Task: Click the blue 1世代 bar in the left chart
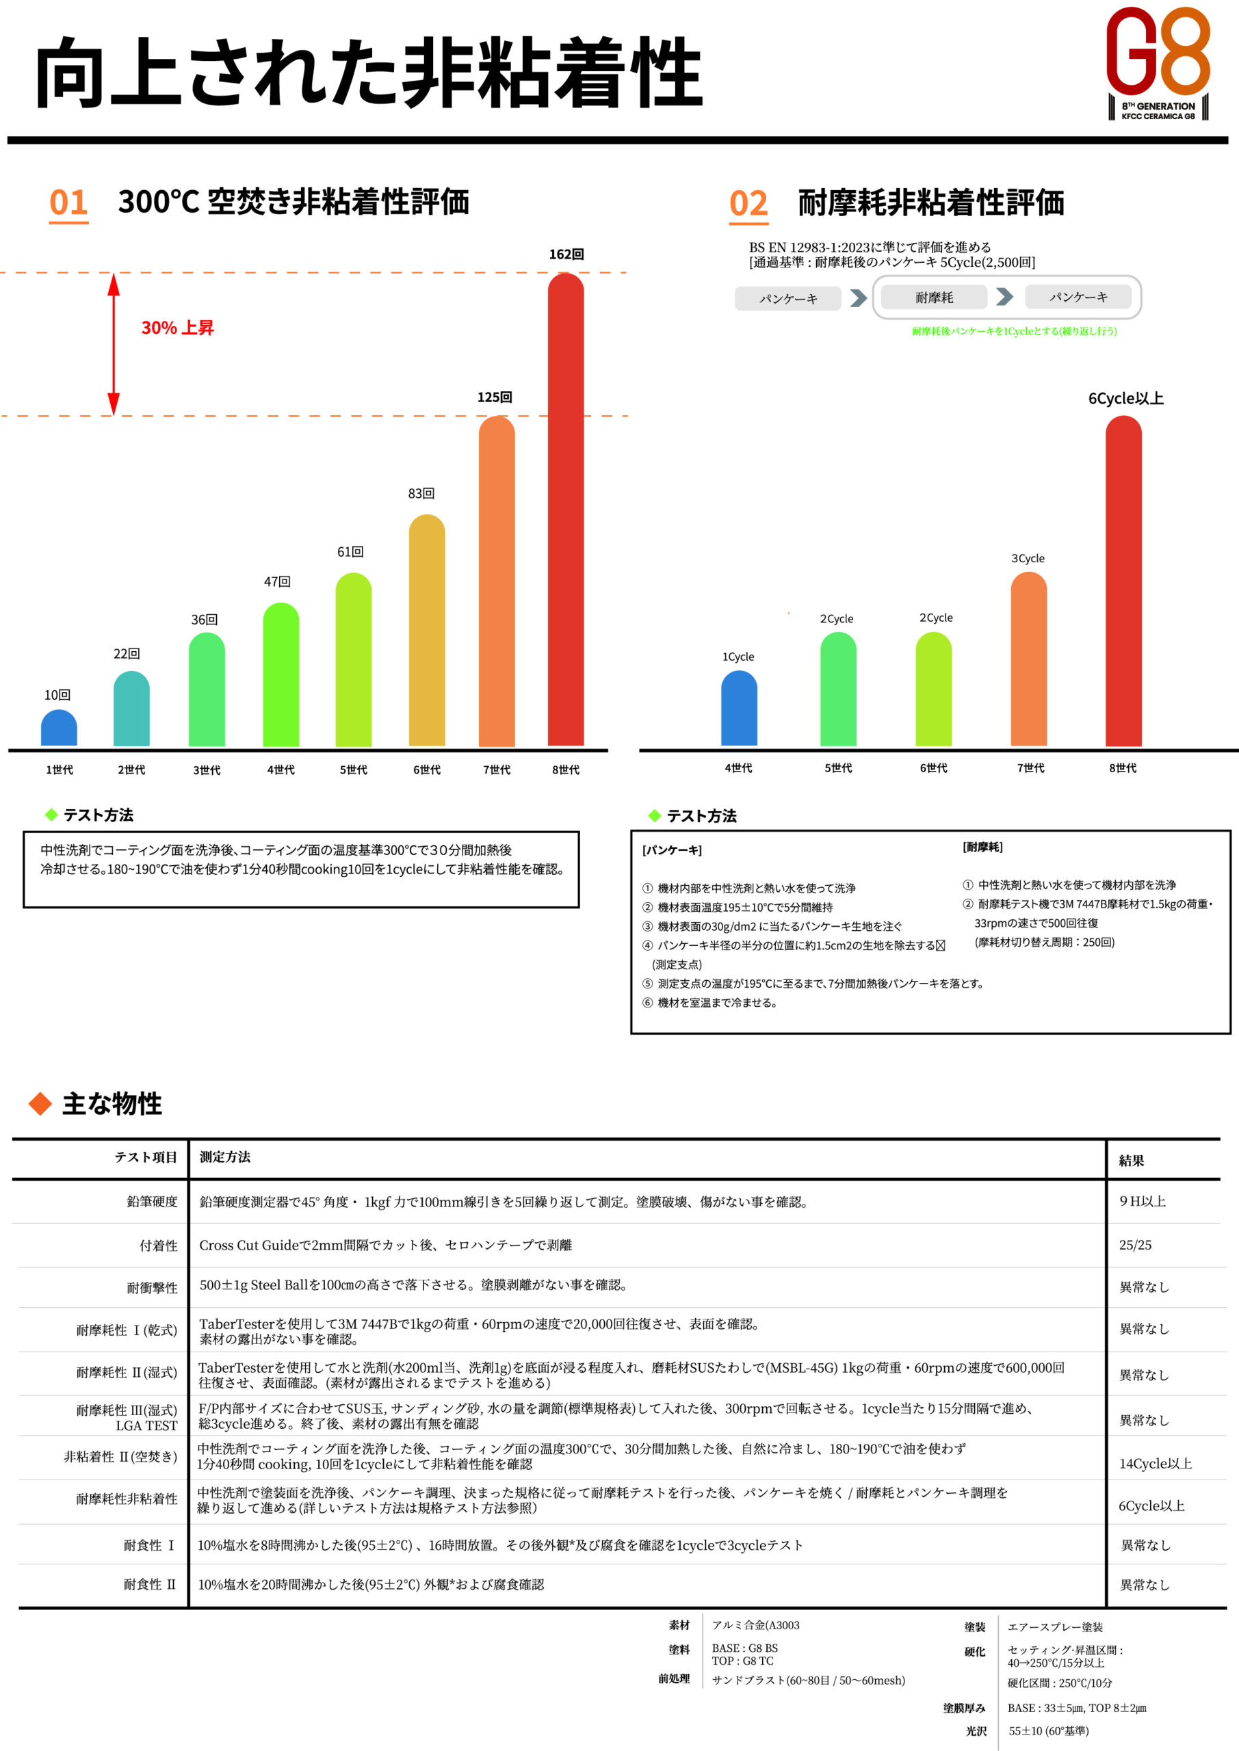[x=59, y=728]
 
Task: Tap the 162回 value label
[x=566, y=254]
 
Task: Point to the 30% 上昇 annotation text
[x=177, y=328]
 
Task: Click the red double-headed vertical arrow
[x=114, y=344]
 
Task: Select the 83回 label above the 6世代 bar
[x=421, y=493]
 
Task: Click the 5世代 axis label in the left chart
[x=353, y=769]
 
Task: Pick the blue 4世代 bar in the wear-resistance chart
[x=738, y=709]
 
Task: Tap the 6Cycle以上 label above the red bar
[x=1125, y=398]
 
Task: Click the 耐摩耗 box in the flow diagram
[x=934, y=298]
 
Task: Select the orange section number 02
[x=748, y=204]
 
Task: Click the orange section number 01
[x=68, y=203]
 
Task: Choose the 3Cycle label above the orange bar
[x=1028, y=558]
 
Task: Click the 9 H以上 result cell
[x=1141, y=1201]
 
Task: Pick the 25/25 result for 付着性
[x=1134, y=1245]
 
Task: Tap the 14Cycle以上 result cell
[x=1154, y=1464]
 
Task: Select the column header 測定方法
[x=224, y=1157]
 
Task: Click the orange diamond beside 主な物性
[x=40, y=1103]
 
